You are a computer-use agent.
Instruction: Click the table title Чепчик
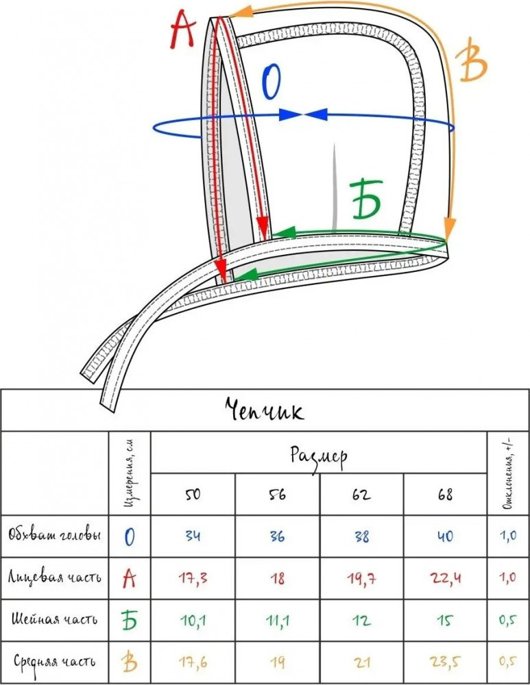click(x=265, y=410)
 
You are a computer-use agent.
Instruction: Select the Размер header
click(x=319, y=453)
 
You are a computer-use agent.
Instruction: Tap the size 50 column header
click(x=193, y=495)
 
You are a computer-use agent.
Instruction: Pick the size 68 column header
click(x=445, y=495)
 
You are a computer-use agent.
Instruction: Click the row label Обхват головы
click(x=55, y=535)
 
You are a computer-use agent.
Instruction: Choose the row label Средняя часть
click(x=55, y=662)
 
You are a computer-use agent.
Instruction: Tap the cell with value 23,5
click(x=445, y=662)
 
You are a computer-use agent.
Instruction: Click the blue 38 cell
click(x=361, y=536)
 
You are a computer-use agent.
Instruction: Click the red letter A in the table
click(x=130, y=578)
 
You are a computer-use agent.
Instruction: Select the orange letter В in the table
click(x=130, y=662)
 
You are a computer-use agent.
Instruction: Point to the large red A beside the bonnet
click(x=183, y=31)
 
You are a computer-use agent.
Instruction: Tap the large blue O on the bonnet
click(x=272, y=84)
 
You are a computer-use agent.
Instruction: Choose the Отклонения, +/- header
click(x=507, y=473)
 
